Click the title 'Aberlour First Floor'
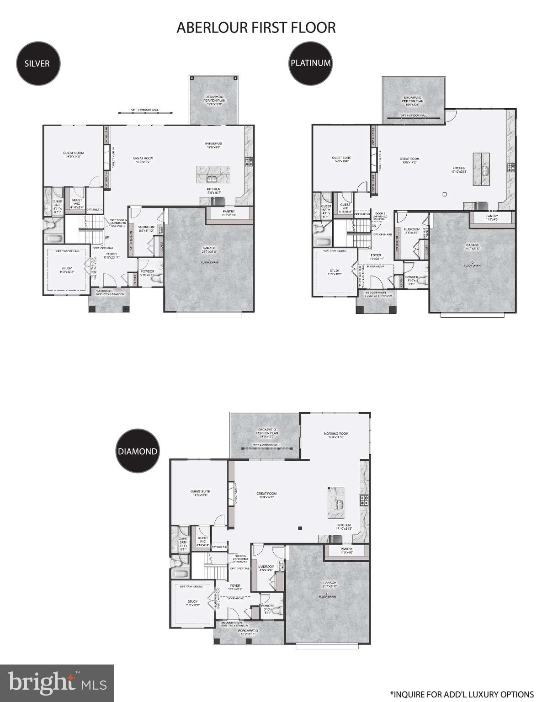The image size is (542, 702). (x=256, y=27)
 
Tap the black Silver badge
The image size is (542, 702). (x=37, y=63)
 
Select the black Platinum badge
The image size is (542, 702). (x=310, y=63)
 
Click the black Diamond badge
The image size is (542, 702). (x=138, y=451)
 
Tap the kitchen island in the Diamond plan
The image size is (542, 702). (x=336, y=502)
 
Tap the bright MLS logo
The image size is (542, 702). (x=57, y=683)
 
